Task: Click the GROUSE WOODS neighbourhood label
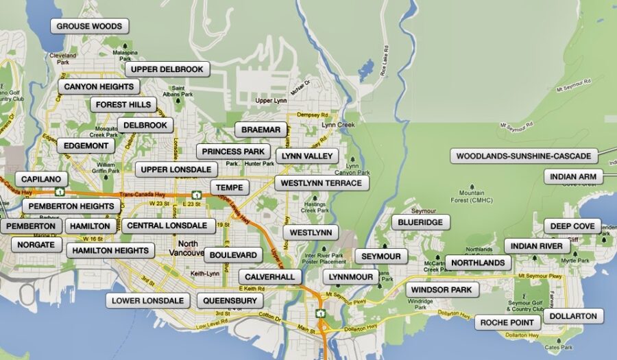tap(89, 27)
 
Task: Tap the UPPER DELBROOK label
tap(167, 69)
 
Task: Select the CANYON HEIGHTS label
tap(99, 87)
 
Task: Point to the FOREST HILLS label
tap(123, 105)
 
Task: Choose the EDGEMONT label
tap(86, 146)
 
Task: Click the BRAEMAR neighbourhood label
tap(261, 130)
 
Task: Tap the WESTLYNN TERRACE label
tap(321, 183)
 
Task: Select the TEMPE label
tap(229, 187)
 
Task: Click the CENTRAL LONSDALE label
tap(167, 226)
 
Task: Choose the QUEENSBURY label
tap(230, 300)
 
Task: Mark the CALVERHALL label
tap(270, 276)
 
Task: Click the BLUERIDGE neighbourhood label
tap(421, 222)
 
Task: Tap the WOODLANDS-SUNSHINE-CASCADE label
tap(523, 156)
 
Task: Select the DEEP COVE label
tap(572, 226)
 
